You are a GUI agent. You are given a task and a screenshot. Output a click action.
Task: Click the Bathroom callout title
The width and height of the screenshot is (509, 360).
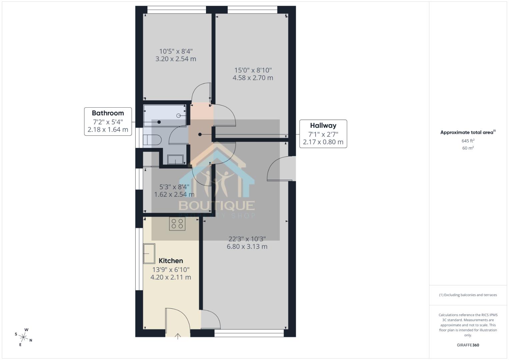108,113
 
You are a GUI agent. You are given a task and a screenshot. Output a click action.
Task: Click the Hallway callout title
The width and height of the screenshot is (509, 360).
323,126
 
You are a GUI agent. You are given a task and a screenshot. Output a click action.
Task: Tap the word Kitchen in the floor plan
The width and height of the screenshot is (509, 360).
171,261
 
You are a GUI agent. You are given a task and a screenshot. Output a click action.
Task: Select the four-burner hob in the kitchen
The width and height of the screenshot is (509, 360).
177,224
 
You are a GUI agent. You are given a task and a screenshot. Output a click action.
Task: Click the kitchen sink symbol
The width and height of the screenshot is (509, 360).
149,253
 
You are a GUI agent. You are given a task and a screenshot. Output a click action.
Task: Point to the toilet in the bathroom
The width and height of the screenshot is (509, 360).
152,140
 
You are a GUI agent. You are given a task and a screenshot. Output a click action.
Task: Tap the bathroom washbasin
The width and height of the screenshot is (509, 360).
175,160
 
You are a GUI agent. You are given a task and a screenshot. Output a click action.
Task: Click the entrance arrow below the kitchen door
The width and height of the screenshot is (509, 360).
178,336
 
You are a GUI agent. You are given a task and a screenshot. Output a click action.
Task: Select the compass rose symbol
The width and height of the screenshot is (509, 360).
24,337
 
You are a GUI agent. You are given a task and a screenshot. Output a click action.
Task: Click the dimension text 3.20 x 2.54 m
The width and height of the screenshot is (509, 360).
176,59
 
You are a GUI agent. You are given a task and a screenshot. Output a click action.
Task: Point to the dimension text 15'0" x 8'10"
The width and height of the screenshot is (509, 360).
253,70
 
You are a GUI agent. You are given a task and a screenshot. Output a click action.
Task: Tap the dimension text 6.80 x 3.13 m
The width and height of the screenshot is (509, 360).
247,247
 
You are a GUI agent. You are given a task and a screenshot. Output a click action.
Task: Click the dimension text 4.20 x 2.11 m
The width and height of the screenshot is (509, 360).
171,277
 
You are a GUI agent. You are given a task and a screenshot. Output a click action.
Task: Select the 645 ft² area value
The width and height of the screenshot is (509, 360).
468,141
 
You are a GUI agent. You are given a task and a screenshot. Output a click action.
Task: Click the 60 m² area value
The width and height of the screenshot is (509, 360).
468,148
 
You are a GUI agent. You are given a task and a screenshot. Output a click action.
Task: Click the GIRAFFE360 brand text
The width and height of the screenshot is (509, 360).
468,345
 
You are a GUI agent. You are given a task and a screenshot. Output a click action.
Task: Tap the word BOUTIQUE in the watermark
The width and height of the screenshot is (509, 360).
217,205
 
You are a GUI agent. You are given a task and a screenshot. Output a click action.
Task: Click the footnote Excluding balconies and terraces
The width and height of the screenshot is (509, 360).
468,295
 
